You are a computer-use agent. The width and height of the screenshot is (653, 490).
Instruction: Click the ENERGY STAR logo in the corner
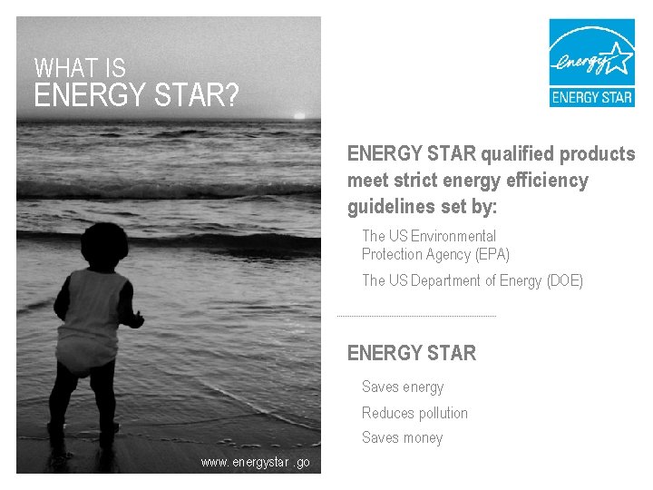(591, 63)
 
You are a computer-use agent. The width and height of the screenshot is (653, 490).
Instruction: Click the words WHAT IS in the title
(80, 68)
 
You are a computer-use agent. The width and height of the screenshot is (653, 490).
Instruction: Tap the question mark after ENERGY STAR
(230, 95)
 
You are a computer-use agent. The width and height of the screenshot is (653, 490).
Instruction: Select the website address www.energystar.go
(255, 463)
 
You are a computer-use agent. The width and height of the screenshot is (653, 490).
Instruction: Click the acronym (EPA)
(492, 255)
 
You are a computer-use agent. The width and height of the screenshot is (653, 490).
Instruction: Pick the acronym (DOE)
(565, 281)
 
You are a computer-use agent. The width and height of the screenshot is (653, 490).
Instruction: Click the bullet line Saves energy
(403, 387)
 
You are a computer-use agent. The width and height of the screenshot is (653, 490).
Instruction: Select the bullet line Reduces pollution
(414, 413)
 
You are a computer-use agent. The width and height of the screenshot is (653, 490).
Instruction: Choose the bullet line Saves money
(402, 438)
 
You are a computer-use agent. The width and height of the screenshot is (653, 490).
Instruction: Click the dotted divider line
(416, 316)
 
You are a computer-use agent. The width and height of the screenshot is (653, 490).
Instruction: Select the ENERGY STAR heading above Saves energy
(411, 353)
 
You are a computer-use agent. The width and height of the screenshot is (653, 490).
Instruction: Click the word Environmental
(453, 236)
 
